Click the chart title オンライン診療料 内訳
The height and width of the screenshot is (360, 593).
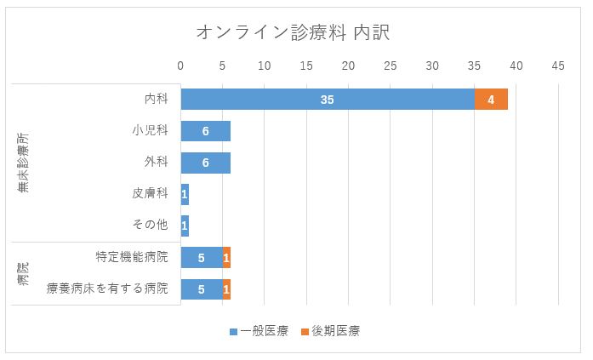tap(293, 32)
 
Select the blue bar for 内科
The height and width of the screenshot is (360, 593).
tap(255, 100)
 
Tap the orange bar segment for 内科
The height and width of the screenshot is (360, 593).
tap(491, 100)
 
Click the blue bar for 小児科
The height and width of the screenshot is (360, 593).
tap(205, 131)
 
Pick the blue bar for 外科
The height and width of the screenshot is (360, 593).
tap(205, 163)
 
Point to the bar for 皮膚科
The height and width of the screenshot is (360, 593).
tap(185, 194)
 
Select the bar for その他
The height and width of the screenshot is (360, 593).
tap(185, 226)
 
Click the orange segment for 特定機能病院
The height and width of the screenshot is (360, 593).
tap(226, 257)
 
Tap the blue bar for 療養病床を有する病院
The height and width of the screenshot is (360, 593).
tap(201, 289)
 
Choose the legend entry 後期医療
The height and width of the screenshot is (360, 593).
tap(329, 331)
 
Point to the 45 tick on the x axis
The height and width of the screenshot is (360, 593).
tap(558, 66)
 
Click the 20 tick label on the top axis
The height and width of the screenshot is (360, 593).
tap(348, 66)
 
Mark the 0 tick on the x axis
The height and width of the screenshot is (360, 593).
tap(180, 66)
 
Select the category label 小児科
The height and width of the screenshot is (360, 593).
tap(150, 131)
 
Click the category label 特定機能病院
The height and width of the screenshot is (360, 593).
tap(133, 257)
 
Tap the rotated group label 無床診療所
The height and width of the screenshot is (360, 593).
tap(23, 163)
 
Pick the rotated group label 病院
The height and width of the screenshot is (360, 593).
tap(23, 273)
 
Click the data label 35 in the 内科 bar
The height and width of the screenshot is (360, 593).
tap(328, 100)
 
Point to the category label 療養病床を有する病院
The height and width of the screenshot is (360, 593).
tap(108, 289)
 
